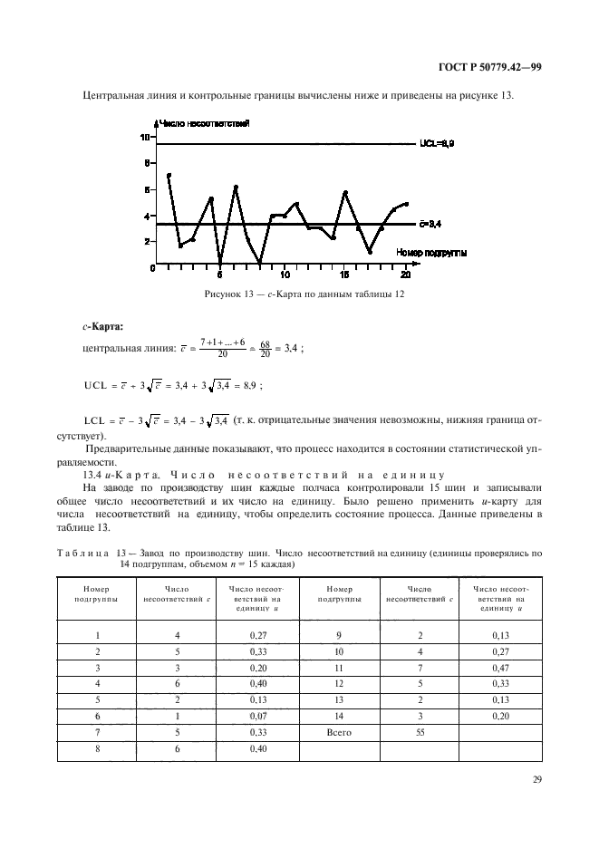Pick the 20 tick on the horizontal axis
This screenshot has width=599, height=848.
pyautogui.click(x=405, y=274)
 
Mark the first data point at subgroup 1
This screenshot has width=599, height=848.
pyautogui.click(x=169, y=175)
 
